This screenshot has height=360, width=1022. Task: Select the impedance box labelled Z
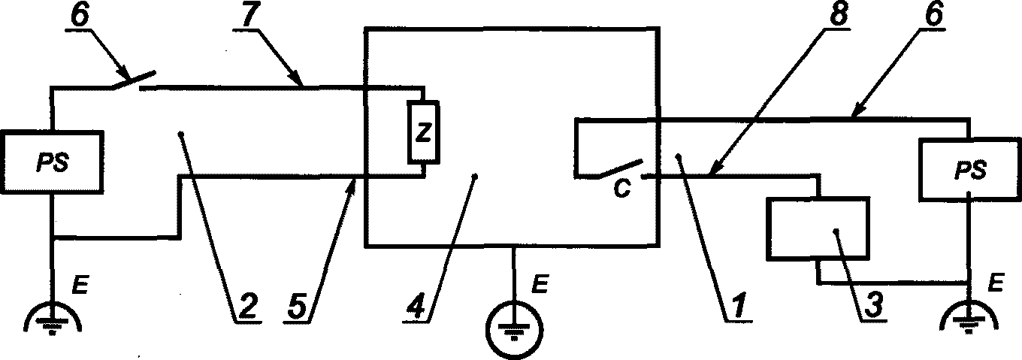(424, 132)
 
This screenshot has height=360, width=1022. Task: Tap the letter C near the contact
(622, 188)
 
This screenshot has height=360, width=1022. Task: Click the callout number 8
(837, 15)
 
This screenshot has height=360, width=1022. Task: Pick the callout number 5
(297, 307)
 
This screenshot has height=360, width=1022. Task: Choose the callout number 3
(872, 307)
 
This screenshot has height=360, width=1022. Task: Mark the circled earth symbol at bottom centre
(515, 328)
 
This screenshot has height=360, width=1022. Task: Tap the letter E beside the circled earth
(540, 284)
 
